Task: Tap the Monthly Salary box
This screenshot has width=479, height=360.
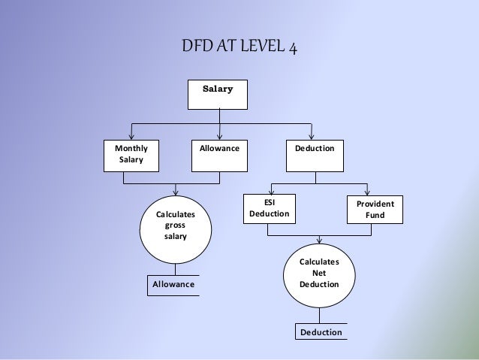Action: tap(131, 154)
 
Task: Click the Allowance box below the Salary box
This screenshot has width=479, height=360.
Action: tap(219, 154)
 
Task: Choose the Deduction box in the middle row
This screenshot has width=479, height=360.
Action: tap(315, 154)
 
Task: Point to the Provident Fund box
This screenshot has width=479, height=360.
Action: tap(375, 210)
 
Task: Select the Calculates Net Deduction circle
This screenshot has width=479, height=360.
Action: tap(319, 274)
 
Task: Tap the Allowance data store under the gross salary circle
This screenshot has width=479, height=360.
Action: tap(173, 286)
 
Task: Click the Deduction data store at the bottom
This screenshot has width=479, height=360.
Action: tap(321, 332)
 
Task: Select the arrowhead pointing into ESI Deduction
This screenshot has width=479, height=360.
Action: tap(271, 191)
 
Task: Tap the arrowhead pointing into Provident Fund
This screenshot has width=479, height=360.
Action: tap(367, 191)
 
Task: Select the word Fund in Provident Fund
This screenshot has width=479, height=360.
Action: tap(375, 216)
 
